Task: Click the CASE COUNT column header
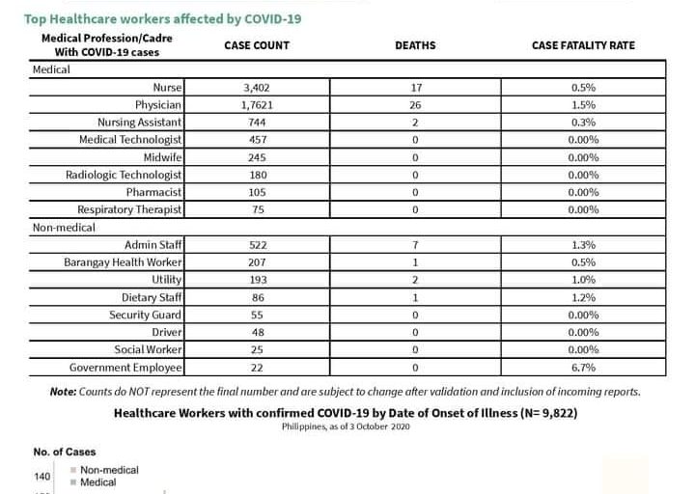point(257,45)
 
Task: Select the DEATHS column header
point(415,45)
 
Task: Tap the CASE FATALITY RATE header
point(584,45)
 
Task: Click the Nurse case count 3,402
point(257,88)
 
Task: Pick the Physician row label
point(159,105)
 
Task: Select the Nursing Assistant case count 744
point(257,123)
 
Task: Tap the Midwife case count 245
point(257,157)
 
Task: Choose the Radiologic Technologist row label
point(124,175)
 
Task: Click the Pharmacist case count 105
point(257,192)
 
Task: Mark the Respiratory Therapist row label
point(130,209)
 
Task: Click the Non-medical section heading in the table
point(64,228)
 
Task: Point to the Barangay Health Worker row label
point(124,262)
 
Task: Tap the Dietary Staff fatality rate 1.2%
point(584,297)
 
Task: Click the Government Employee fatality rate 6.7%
point(584,368)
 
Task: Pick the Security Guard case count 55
point(257,315)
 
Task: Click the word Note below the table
point(64,392)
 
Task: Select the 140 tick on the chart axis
point(42,476)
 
